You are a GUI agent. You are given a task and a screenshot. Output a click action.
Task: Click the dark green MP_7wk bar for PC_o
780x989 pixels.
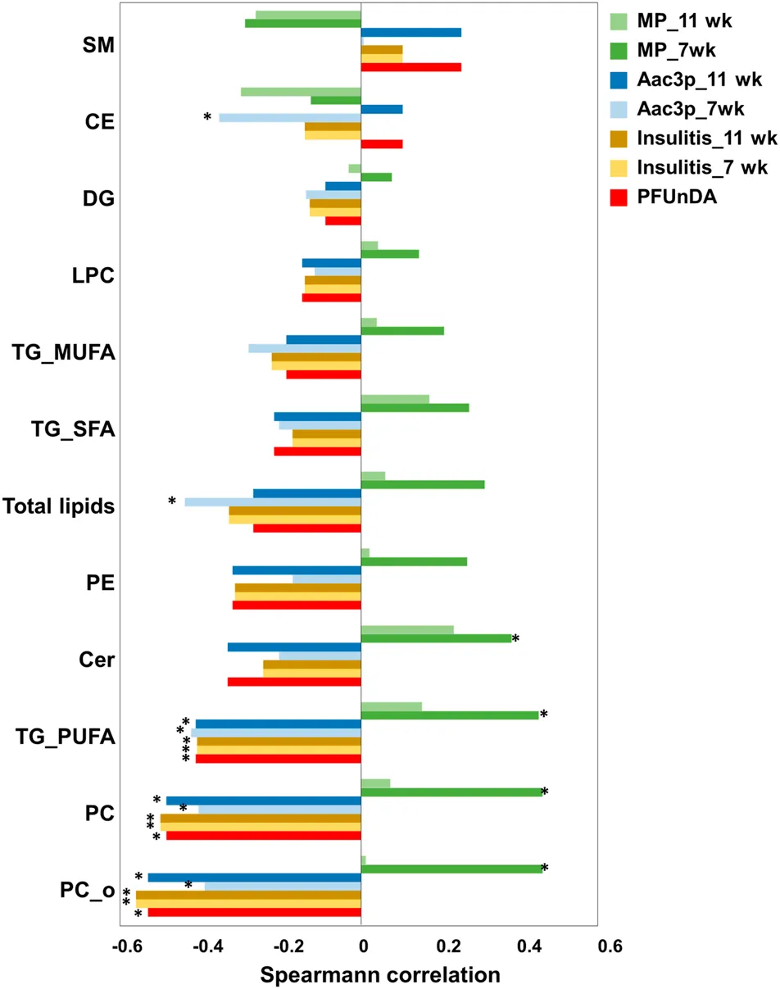point(451,869)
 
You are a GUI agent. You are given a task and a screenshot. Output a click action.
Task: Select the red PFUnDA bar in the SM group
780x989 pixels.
point(410,67)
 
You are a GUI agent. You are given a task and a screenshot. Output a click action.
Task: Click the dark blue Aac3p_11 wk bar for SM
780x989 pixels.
point(410,33)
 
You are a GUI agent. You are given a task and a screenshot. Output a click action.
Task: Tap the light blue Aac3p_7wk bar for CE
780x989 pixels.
point(290,118)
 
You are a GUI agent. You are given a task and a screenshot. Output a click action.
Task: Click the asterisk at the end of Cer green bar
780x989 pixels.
point(516,639)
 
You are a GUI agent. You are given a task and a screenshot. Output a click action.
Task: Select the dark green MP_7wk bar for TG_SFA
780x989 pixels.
point(415,407)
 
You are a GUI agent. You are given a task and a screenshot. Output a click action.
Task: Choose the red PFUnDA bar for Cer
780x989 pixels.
point(294,682)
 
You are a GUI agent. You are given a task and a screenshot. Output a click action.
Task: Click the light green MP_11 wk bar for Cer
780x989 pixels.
point(407,629)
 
